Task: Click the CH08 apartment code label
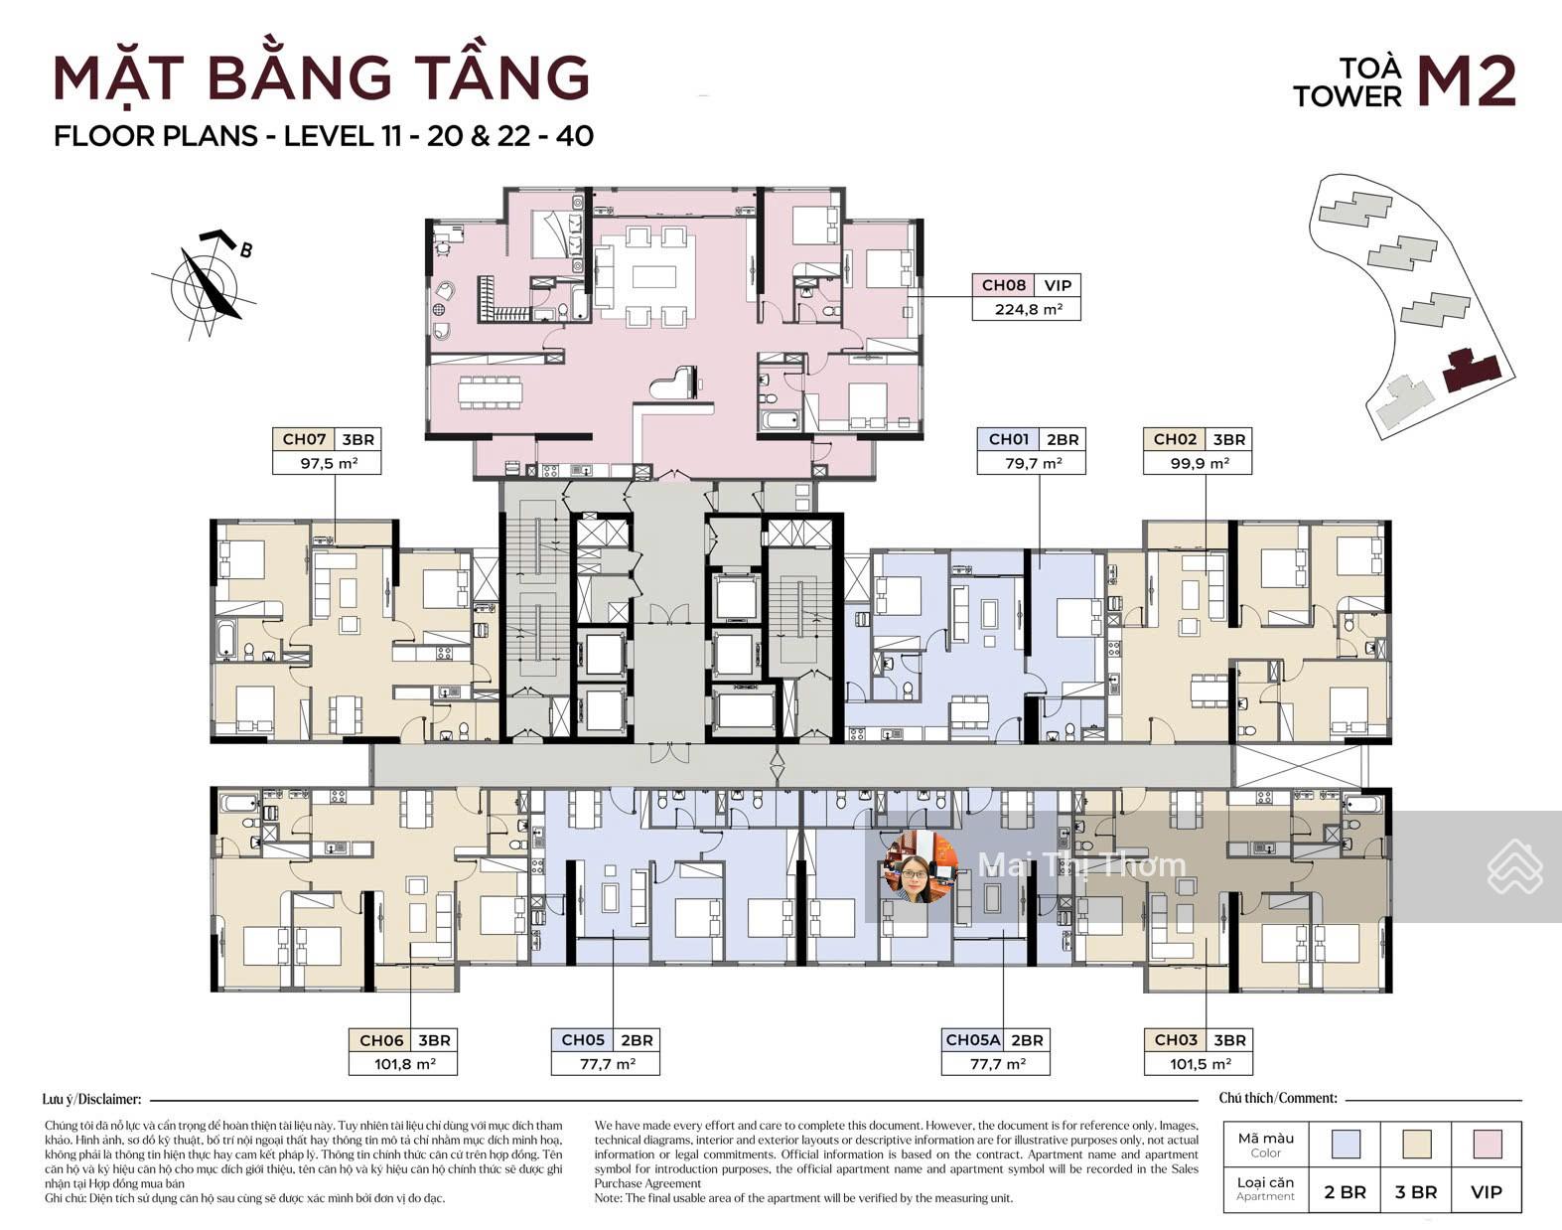point(1003,285)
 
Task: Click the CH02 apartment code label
point(1175,439)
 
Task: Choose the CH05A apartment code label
point(972,1040)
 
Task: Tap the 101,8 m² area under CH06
point(404,1064)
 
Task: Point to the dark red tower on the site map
point(1472,370)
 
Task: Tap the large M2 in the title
point(1466,81)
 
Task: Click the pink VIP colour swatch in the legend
point(1487,1145)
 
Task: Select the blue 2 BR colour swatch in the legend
point(1345,1145)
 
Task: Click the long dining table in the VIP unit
point(490,391)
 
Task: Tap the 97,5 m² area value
point(328,463)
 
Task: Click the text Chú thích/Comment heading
point(1278,1098)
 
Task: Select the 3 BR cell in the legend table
point(1415,1191)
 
